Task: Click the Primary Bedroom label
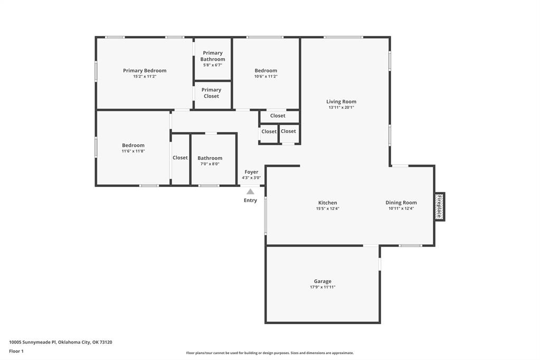click(x=145, y=71)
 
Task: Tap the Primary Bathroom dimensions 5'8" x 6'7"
click(x=213, y=65)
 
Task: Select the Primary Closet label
click(x=212, y=93)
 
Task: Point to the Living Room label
click(x=342, y=102)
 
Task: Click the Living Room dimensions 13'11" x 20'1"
click(x=342, y=108)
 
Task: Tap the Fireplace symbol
click(x=439, y=206)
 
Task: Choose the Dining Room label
click(x=401, y=203)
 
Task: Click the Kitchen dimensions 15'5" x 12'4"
click(x=328, y=209)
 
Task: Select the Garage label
click(x=323, y=281)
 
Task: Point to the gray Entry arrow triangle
click(x=250, y=192)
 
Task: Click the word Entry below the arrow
click(x=250, y=201)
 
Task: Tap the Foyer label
click(x=251, y=172)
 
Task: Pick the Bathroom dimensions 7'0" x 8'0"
click(x=210, y=164)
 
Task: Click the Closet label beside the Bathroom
click(x=180, y=158)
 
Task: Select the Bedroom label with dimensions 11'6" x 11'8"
click(x=133, y=145)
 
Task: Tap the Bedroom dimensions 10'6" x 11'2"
click(x=266, y=77)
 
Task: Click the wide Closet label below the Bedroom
click(x=278, y=116)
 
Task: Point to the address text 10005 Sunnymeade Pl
click(x=32, y=342)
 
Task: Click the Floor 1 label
click(x=16, y=352)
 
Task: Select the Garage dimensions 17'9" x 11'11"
click(x=323, y=287)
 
